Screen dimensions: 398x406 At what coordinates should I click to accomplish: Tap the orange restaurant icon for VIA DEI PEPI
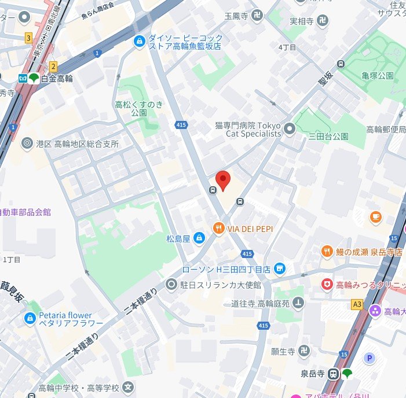[218, 229]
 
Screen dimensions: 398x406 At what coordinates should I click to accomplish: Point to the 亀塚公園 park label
[378, 76]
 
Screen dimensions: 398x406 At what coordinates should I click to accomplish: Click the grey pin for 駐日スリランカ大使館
[171, 284]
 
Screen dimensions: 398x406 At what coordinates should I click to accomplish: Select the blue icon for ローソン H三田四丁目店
[280, 268]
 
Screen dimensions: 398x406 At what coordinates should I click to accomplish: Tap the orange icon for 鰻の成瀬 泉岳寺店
[327, 252]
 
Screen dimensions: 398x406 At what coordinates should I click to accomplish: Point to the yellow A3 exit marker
[357, 303]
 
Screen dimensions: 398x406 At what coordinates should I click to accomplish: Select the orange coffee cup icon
[375, 217]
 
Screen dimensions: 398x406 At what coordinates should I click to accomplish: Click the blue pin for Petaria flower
[30, 318]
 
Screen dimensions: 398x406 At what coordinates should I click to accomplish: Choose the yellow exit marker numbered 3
[28, 38]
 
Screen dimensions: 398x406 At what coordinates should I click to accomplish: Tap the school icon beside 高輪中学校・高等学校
[129, 387]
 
